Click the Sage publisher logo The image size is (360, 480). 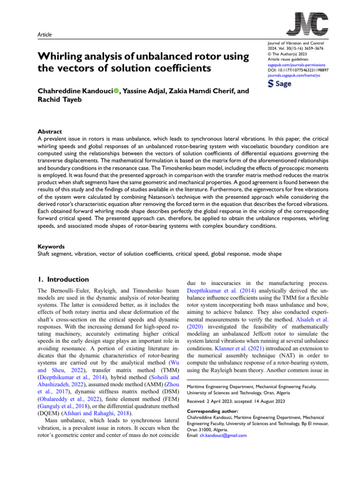[278, 84]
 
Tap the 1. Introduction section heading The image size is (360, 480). [63, 279]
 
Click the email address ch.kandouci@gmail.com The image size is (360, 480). [223, 435]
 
